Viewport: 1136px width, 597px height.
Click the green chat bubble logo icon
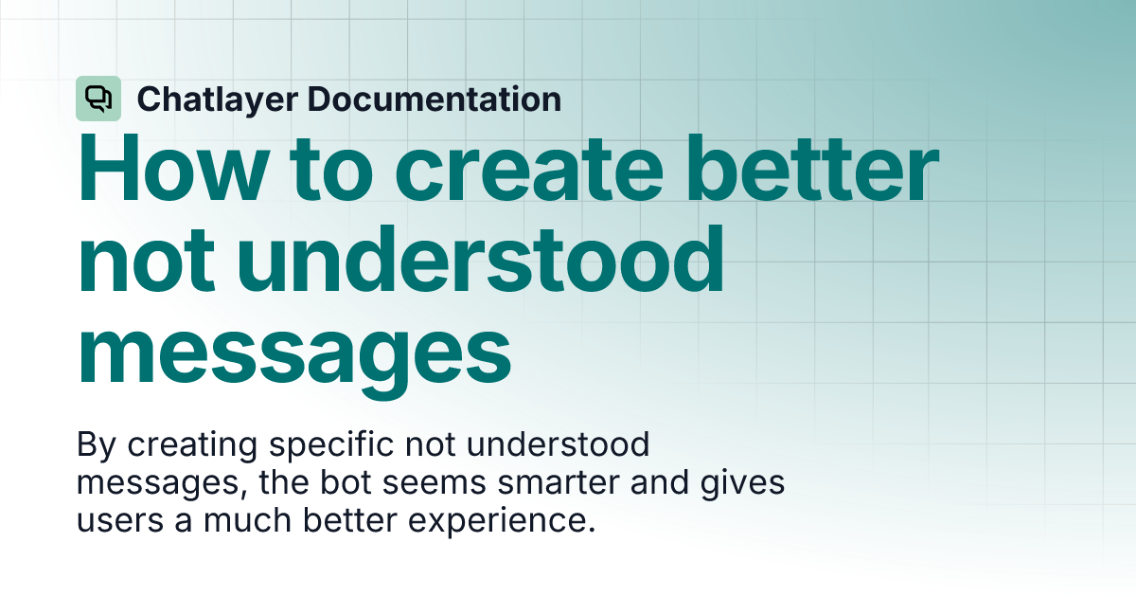98,99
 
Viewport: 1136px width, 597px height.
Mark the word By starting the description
93,443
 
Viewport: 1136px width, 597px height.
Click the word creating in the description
183,443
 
